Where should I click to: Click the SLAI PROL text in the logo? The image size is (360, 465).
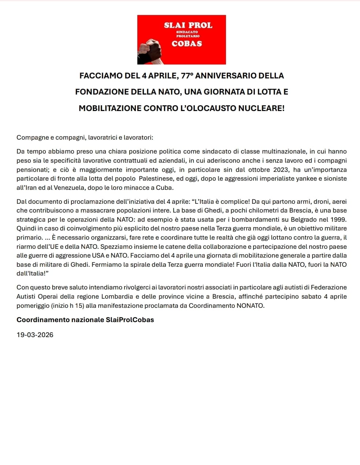point(188,25)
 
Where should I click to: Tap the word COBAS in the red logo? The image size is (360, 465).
point(187,44)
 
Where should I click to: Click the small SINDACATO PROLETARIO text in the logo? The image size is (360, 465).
point(188,34)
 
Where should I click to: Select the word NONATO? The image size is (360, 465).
point(251,306)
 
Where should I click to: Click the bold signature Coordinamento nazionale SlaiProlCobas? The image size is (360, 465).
point(85,320)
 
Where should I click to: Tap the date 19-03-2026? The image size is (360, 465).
point(35,335)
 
